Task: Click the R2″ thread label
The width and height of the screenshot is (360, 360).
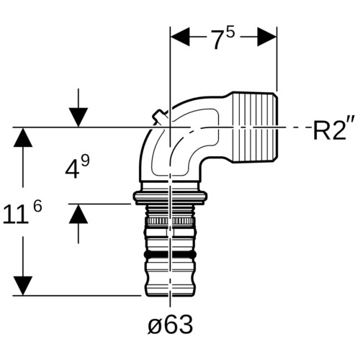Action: (x=334, y=130)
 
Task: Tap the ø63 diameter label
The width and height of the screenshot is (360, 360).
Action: (x=170, y=324)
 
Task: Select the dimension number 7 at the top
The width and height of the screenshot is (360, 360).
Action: (x=217, y=40)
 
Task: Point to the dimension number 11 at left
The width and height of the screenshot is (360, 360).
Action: (x=15, y=214)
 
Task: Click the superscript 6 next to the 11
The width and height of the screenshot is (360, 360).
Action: (x=37, y=206)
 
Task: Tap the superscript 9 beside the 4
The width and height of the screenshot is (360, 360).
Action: (x=85, y=161)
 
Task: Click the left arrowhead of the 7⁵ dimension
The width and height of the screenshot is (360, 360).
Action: (x=180, y=37)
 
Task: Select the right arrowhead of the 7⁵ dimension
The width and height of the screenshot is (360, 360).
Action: (x=267, y=37)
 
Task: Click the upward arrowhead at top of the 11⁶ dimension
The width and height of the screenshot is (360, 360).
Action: (x=23, y=138)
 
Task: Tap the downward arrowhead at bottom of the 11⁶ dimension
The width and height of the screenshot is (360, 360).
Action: (x=23, y=286)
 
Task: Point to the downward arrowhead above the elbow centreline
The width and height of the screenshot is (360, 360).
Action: (x=78, y=117)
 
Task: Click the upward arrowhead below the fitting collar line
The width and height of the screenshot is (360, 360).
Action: (x=78, y=214)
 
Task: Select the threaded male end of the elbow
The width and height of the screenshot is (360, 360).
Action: (x=256, y=127)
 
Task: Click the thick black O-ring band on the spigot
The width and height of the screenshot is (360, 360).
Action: (x=169, y=255)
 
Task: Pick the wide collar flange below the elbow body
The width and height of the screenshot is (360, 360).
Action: (x=171, y=197)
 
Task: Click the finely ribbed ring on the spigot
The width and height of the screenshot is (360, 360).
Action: (x=170, y=221)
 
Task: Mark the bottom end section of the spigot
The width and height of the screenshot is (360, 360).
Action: (x=171, y=284)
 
